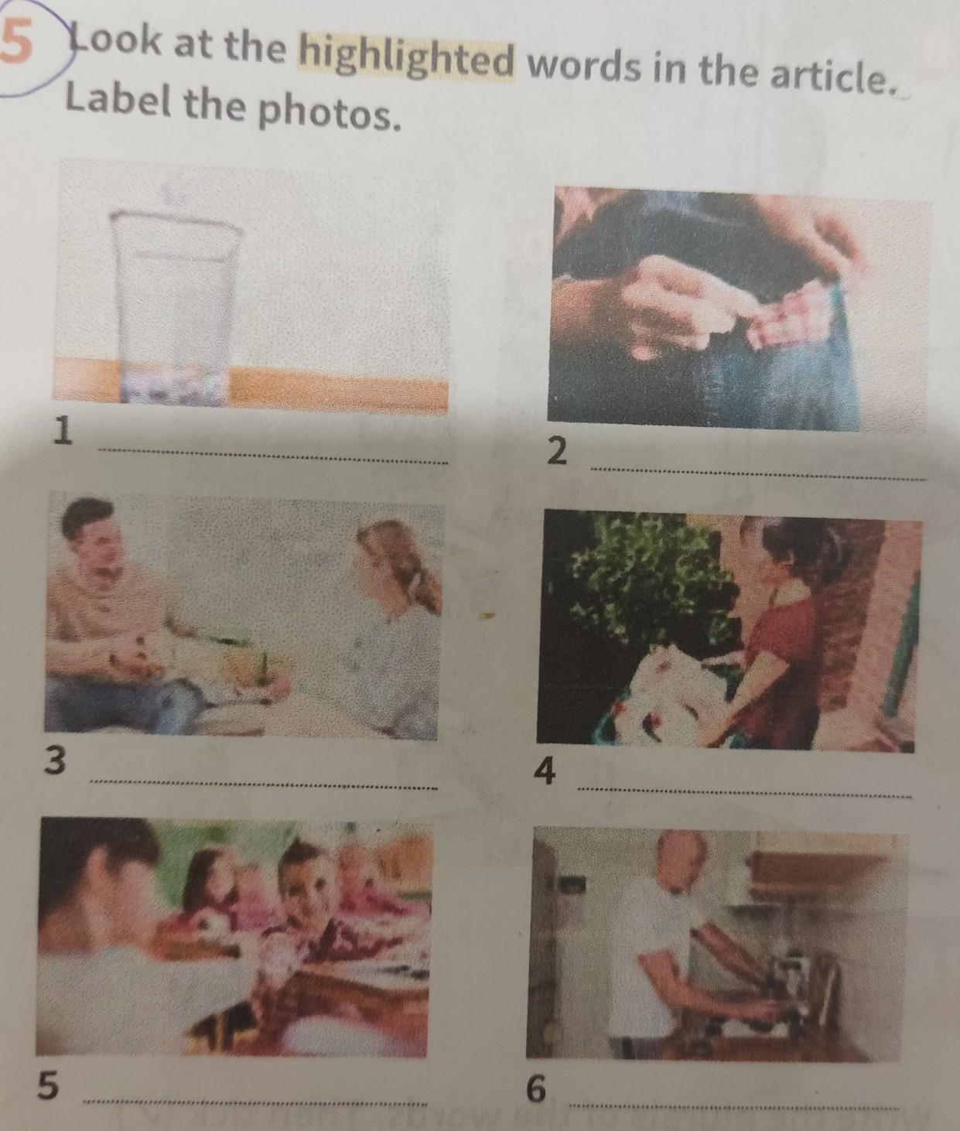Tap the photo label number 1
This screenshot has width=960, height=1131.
click(x=64, y=430)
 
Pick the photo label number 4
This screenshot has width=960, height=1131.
click(x=545, y=771)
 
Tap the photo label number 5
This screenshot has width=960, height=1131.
click(x=48, y=1085)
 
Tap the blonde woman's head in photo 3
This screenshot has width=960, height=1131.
click(x=394, y=564)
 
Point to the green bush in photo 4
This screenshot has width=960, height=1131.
click(x=651, y=580)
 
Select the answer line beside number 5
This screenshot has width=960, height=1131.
click(x=255, y=1102)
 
